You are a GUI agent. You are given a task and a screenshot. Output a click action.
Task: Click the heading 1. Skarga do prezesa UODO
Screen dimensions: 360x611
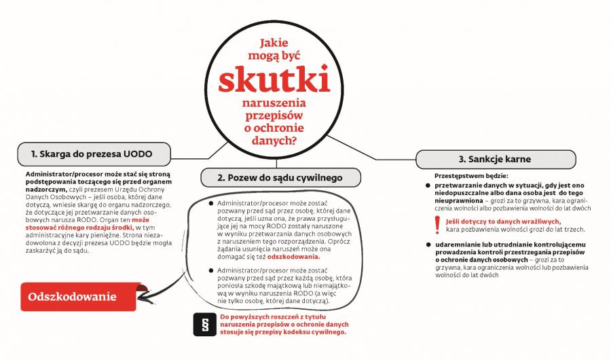point(92,154)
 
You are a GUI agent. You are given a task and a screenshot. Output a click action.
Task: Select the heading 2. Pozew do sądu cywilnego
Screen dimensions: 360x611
point(280,177)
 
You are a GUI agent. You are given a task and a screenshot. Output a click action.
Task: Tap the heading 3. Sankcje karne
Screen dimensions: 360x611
point(494,159)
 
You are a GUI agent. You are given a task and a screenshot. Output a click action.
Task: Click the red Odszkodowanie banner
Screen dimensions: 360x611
point(72,297)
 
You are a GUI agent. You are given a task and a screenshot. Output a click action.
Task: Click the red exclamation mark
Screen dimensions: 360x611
point(437,225)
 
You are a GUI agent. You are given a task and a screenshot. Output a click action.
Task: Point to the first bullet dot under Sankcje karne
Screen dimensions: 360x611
point(438,185)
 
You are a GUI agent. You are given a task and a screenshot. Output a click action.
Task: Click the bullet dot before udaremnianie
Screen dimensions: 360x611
point(438,244)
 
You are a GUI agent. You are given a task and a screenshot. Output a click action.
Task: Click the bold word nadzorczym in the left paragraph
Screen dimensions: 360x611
point(46,190)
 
